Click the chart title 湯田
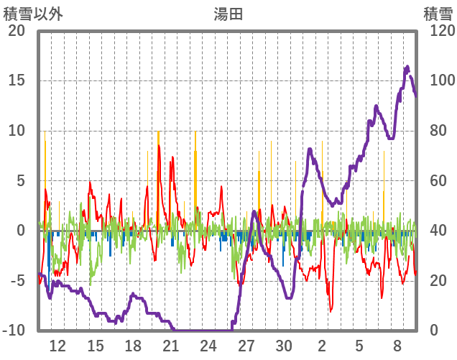pos(228,14)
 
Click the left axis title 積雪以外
pos(29,14)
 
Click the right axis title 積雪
pos(437,14)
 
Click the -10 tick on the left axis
pos(14,331)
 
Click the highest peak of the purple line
pos(407,67)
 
